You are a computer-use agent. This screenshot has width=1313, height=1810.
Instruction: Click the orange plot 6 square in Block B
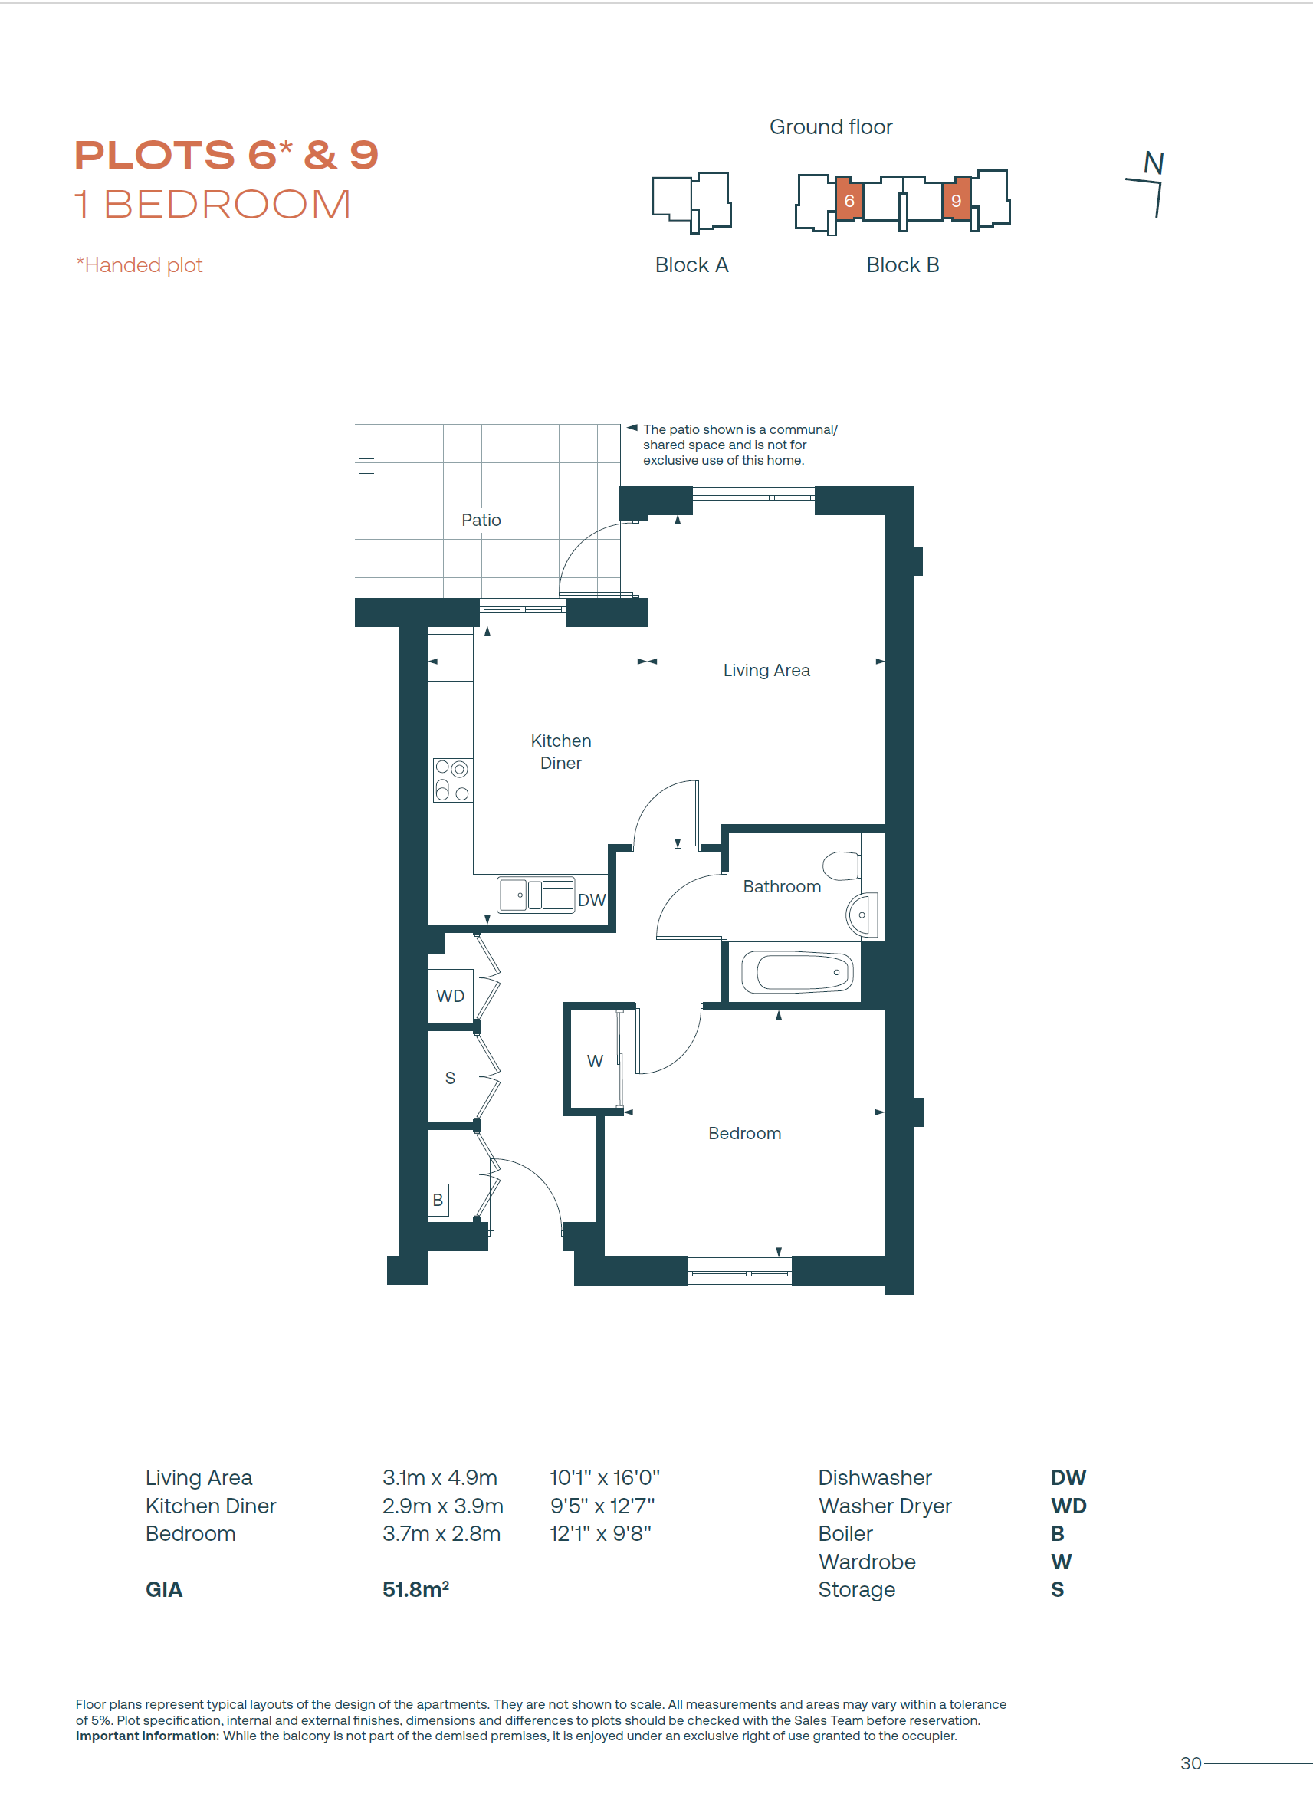pyautogui.click(x=849, y=199)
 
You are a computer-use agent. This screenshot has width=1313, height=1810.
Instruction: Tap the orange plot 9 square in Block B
pyautogui.click(x=956, y=199)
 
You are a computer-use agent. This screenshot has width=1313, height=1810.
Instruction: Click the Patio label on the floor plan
pyautogui.click(x=481, y=520)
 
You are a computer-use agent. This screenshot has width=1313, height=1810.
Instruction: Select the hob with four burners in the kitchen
pyautogui.click(x=452, y=780)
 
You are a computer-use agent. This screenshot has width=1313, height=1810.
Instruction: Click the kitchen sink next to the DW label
pyautogui.click(x=536, y=895)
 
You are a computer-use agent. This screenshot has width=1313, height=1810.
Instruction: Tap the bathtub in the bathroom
pyautogui.click(x=797, y=972)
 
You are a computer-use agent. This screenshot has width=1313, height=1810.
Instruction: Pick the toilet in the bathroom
pyautogui.click(x=842, y=866)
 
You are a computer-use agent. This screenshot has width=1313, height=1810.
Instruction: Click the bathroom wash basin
pyautogui.click(x=862, y=915)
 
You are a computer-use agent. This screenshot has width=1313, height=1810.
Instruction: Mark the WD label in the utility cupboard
pyautogui.click(x=450, y=996)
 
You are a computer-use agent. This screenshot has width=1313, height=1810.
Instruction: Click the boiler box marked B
pyautogui.click(x=438, y=1200)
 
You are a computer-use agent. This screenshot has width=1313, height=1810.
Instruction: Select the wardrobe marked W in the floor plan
pyautogui.click(x=595, y=1060)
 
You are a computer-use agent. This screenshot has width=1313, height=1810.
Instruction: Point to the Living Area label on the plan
pyautogui.click(x=766, y=670)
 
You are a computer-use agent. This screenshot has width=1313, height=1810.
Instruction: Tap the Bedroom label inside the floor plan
pyautogui.click(x=744, y=1133)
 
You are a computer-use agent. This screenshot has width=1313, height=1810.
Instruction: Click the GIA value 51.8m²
pyautogui.click(x=415, y=1589)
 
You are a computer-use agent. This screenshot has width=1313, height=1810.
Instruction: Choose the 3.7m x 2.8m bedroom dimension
pyautogui.click(x=441, y=1533)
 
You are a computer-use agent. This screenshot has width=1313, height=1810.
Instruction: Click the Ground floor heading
pyautogui.click(x=830, y=127)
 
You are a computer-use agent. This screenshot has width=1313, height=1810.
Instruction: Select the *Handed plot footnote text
pyautogui.click(x=140, y=265)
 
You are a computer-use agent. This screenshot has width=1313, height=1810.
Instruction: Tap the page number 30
pyautogui.click(x=1190, y=1763)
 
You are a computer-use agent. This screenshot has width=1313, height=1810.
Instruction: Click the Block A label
pyautogui.click(x=691, y=265)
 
